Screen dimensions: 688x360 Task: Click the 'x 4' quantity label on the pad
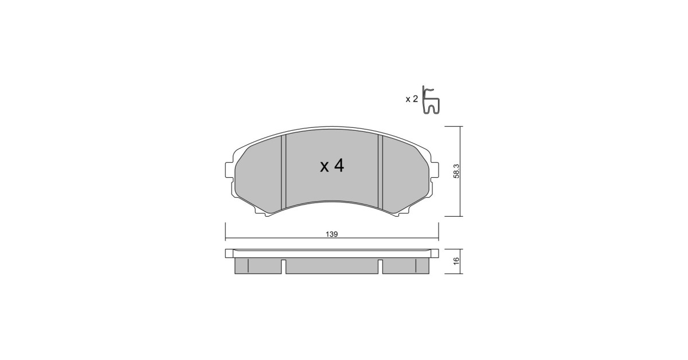point(332,166)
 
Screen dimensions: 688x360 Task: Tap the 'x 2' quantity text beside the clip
point(412,99)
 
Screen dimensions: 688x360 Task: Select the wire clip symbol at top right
point(431,100)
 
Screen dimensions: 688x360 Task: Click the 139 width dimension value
point(332,234)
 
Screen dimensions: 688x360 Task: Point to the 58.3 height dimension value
point(456,171)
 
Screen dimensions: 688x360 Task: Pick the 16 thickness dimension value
point(456,261)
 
